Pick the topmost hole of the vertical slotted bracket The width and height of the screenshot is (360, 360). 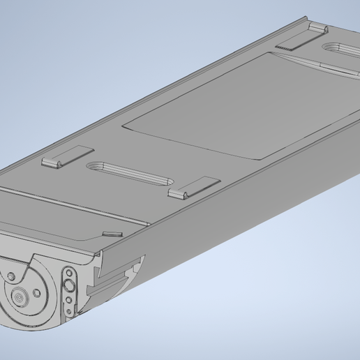tap(69, 272)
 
